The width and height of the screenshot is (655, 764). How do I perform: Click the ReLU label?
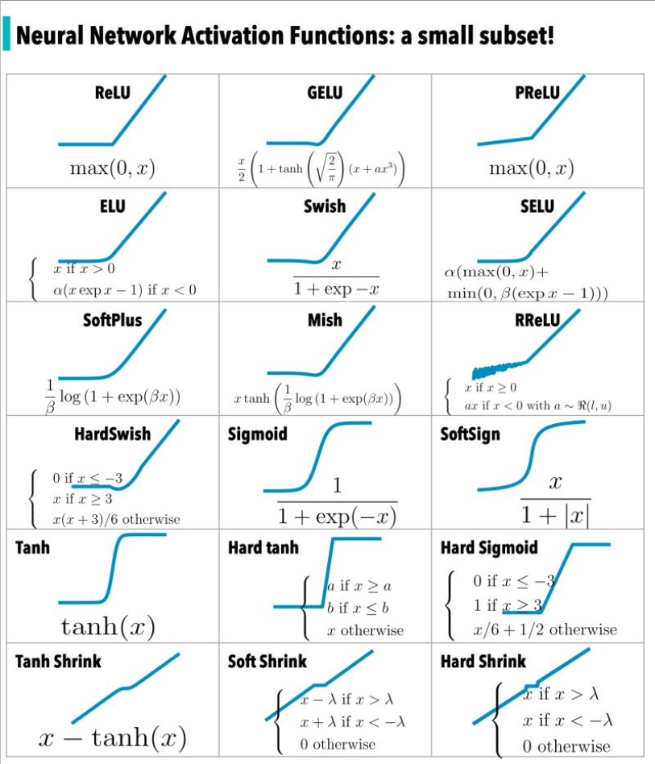point(112,92)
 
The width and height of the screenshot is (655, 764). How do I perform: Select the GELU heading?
point(325,92)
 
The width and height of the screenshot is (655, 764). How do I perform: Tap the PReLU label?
point(537,92)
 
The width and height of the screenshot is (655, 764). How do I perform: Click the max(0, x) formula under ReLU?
point(112,168)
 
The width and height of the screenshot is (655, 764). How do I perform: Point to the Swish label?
point(325,206)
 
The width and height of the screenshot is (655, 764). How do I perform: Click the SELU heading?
point(537,206)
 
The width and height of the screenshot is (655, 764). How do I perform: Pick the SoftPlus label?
point(112,320)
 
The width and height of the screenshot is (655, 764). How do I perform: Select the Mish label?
point(325,320)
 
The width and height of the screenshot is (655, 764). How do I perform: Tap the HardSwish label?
point(112,434)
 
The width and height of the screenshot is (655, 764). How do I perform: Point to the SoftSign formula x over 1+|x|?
point(554,499)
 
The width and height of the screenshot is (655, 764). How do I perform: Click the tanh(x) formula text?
point(109,625)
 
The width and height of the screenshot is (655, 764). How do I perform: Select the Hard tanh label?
point(263,548)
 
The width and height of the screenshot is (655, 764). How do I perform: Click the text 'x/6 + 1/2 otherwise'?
point(545,629)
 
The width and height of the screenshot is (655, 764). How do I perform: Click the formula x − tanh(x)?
point(113,737)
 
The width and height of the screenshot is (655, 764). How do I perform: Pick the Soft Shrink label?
point(267,662)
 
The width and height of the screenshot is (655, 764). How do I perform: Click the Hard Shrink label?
point(483,662)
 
